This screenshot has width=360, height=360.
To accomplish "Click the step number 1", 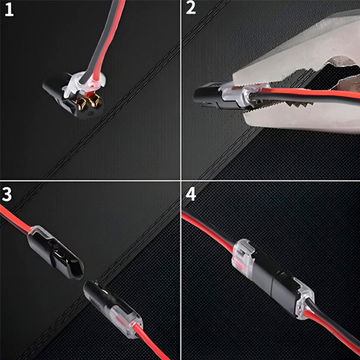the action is coord(9,10).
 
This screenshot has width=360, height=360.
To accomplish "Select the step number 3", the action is coord(7,194).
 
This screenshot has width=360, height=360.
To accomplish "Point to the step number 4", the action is coord(191,194).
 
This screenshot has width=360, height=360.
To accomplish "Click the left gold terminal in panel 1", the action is coord(82,103).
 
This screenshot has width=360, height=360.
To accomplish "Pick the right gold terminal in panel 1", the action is coord(94,100).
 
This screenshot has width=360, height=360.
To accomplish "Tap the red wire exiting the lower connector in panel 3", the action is coord(152,342).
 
